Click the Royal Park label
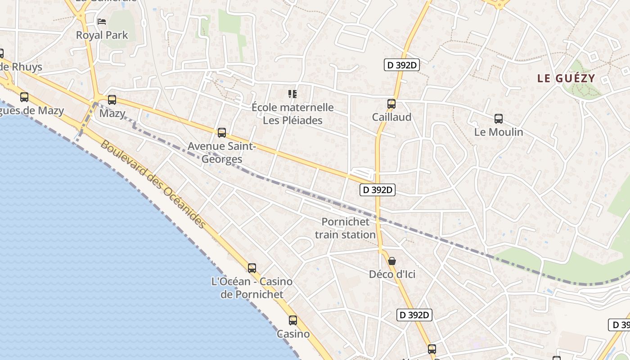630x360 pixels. (102, 35)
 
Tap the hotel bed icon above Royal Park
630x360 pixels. (102, 21)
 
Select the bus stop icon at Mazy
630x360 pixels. (112, 100)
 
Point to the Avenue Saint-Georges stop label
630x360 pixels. (221, 153)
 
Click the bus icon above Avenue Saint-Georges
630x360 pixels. (221, 133)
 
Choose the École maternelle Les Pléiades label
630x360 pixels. (292, 114)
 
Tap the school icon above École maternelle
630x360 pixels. (292, 94)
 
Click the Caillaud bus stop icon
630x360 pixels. (391, 104)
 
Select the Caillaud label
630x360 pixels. (391, 117)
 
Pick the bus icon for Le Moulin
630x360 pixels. (499, 119)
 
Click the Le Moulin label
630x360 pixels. (499, 132)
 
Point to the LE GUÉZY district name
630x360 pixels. (566, 78)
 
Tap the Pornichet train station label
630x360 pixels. (345, 228)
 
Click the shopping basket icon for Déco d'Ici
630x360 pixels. (392, 261)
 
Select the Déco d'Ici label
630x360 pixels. (392, 274)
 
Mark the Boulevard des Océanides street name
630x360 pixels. (153, 184)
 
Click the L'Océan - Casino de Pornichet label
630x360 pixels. (252, 288)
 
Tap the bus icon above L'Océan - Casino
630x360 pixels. (252, 268)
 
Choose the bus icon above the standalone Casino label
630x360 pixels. (293, 320)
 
